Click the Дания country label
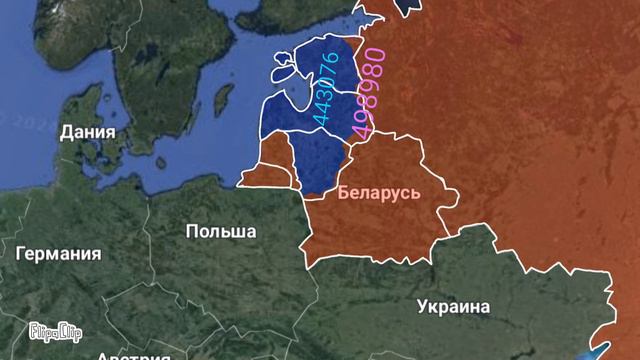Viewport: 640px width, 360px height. [87, 132]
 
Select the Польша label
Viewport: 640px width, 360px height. [220, 231]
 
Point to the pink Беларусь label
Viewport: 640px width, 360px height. [379, 191]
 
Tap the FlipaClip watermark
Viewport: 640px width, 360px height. [55, 330]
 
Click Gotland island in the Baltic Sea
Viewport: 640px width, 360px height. [223, 99]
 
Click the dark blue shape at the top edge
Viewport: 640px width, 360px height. [407, 5]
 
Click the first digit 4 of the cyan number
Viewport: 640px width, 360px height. [319, 119]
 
